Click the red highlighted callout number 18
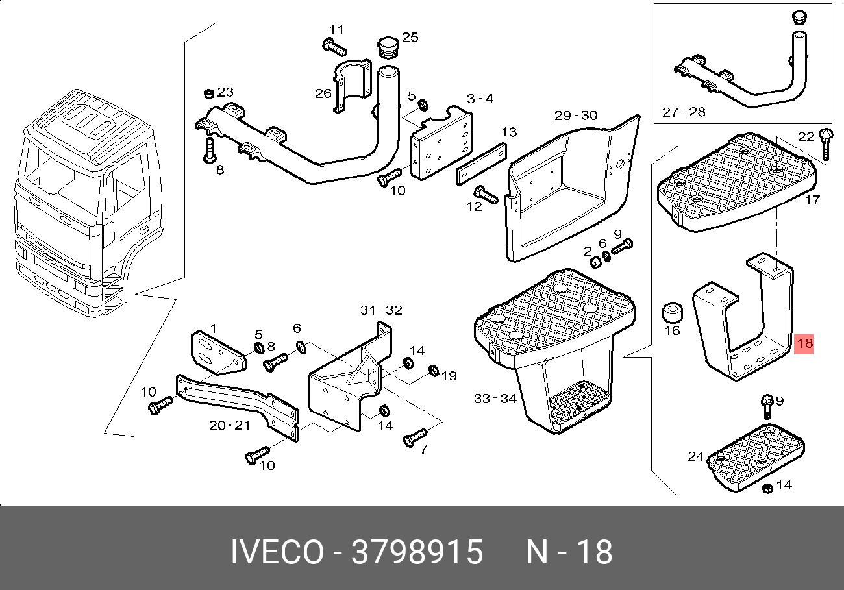[x=804, y=343]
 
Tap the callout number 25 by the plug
[x=410, y=37]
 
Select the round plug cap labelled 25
[x=388, y=47]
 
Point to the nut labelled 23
[x=209, y=93]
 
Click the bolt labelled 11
[x=334, y=47]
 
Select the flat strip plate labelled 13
[x=482, y=164]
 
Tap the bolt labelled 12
[x=486, y=195]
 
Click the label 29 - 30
[x=576, y=115]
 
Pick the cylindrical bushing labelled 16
[x=672, y=312]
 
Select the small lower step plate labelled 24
[x=756, y=458]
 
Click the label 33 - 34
[x=495, y=399]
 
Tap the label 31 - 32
[x=381, y=310]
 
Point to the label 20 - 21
[x=230, y=425]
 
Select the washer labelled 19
[x=434, y=371]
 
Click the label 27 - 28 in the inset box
[x=684, y=112]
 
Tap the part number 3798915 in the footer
[x=417, y=552]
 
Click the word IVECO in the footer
[x=277, y=552]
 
